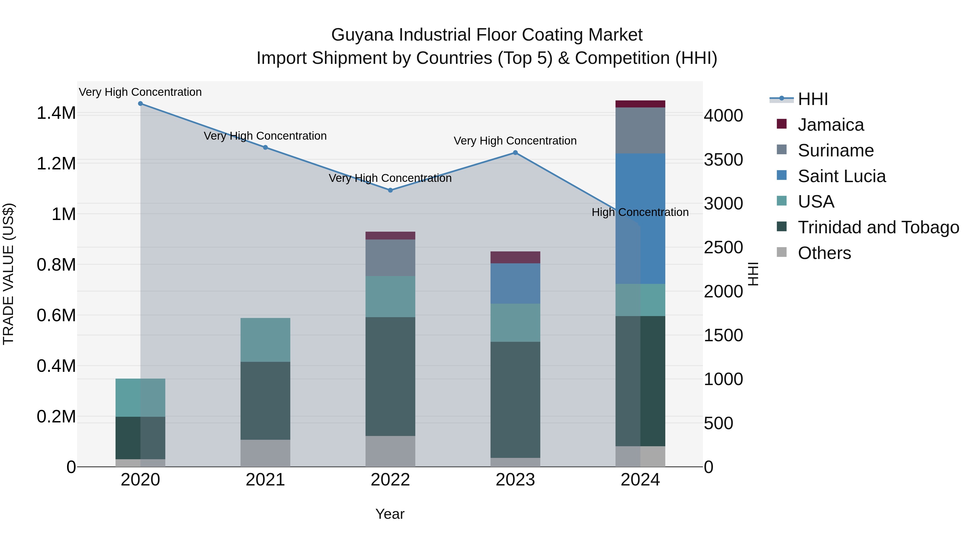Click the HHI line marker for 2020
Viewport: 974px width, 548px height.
pos(140,104)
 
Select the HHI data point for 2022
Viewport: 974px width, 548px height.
pos(390,190)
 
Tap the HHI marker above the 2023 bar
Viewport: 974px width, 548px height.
pos(515,153)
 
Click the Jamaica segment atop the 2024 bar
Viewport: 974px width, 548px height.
pos(640,104)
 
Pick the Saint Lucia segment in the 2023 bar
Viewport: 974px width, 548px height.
pos(515,283)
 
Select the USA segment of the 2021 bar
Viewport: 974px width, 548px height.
pos(265,340)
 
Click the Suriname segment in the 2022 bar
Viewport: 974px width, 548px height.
pos(390,258)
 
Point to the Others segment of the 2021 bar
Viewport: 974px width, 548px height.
pos(265,453)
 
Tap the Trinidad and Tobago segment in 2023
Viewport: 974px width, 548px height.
pos(515,399)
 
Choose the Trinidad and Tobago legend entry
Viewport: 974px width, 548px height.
pos(878,227)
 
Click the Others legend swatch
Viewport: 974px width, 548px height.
pos(781,252)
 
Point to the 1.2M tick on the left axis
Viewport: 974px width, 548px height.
pos(56,163)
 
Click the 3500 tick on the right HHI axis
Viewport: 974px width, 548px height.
pos(723,160)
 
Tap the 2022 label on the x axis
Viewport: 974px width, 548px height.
pos(390,480)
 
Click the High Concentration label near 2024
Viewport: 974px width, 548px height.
pos(640,212)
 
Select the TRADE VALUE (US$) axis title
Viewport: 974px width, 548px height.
pos(8,274)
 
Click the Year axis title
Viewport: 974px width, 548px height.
pos(390,514)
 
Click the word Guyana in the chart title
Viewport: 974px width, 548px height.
pos(362,35)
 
